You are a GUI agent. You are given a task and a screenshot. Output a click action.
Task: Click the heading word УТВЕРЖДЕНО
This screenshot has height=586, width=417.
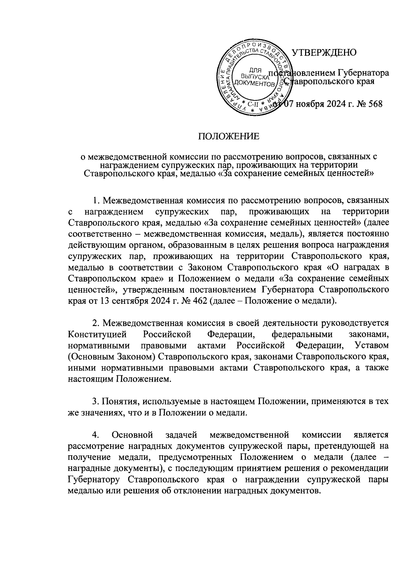(x=324, y=53)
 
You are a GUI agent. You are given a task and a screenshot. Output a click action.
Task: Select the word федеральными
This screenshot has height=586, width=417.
(x=302, y=334)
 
